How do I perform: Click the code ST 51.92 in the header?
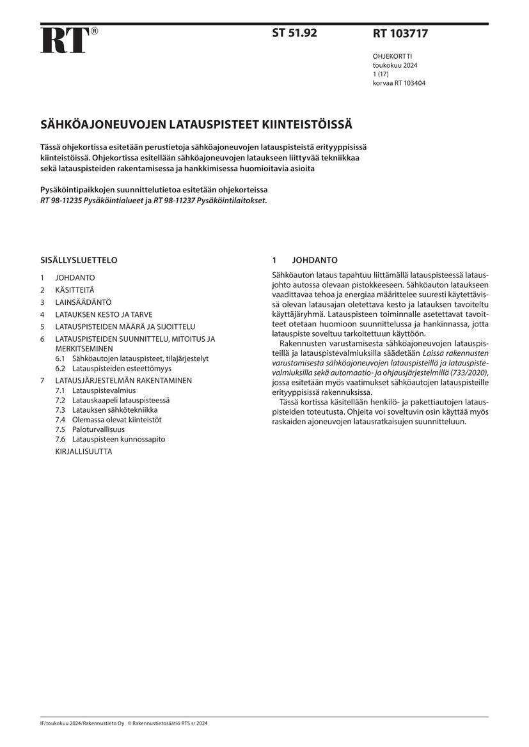pyautogui.click(x=294, y=33)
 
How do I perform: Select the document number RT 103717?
pyautogui.click(x=400, y=34)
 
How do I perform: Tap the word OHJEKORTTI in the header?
pyautogui.click(x=393, y=56)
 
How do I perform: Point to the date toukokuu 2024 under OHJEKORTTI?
pyautogui.click(x=395, y=65)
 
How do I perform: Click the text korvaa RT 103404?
pyautogui.click(x=399, y=83)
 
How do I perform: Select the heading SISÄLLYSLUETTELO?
pyautogui.click(x=79, y=260)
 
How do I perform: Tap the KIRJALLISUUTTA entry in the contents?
pyautogui.click(x=84, y=451)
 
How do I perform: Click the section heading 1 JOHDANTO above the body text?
pyautogui.click(x=304, y=260)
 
